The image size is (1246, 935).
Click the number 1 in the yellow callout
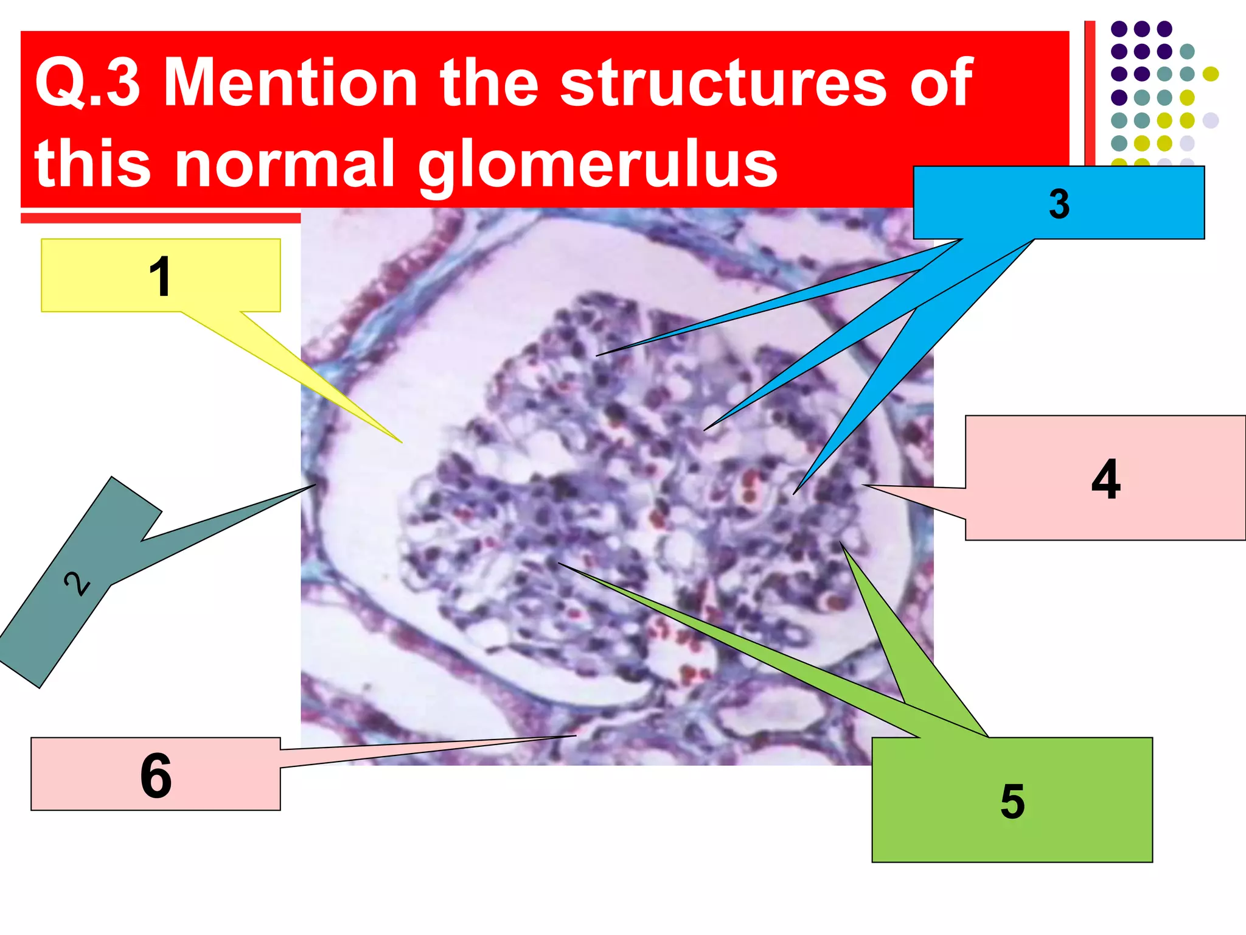[160, 276]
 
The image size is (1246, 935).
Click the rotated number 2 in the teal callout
[77, 583]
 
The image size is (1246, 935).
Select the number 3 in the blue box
[1059, 204]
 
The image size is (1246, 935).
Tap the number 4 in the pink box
[1105, 479]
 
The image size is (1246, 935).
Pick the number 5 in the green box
[1012, 801]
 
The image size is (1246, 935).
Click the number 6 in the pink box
[156, 775]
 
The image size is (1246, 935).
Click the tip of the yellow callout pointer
[402, 443]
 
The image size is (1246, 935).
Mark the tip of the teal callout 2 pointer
[316, 485]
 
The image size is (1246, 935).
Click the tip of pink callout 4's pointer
[863, 485]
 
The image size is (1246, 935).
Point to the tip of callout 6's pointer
[576, 736]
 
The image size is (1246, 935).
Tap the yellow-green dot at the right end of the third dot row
[1211, 74]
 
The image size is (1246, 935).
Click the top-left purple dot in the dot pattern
[1119, 29]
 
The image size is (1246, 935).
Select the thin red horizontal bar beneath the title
[161, 218]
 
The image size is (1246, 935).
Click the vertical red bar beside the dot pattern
[1090, 91]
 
